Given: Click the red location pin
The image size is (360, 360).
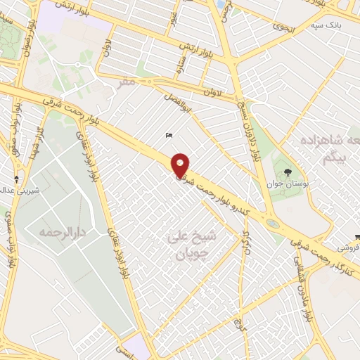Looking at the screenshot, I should (181, 165).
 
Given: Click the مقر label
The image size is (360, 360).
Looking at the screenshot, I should (126, 82).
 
